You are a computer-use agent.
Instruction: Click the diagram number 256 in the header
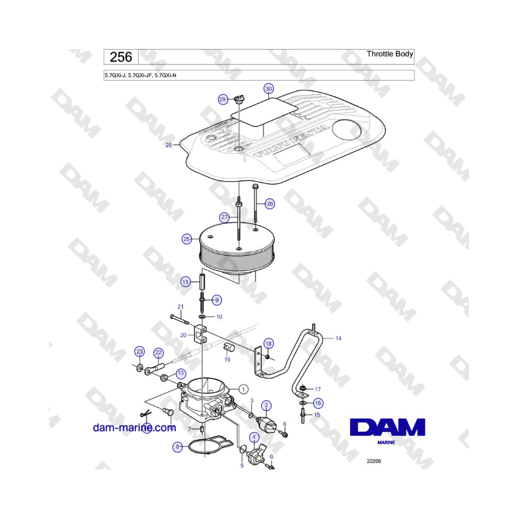(x=121, y=57)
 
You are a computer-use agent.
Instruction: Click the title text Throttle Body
(x=390, y=54)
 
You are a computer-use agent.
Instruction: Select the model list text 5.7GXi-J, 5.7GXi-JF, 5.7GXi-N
(x=145, y=75)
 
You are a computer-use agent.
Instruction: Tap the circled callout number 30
(x=269, y=89)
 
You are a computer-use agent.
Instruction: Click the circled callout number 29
(x=223, y=99)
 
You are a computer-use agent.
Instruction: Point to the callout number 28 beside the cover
(x=169, y=145)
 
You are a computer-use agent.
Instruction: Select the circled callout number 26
(x=270, y=203)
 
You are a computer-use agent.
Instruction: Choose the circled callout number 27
(x=224, y=217)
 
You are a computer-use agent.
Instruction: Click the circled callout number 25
(x=186, y=239)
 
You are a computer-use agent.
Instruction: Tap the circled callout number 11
(x=185, y=282)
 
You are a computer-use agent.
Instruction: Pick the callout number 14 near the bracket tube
(x=339, y=339)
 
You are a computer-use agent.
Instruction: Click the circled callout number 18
(x=269, y=344)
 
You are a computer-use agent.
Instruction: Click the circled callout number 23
(x=139, y=352)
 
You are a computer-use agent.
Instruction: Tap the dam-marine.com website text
(x=134, y=428)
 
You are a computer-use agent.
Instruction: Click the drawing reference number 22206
(x=374, y=461)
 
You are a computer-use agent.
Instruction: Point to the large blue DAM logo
(x=387, y=428)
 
